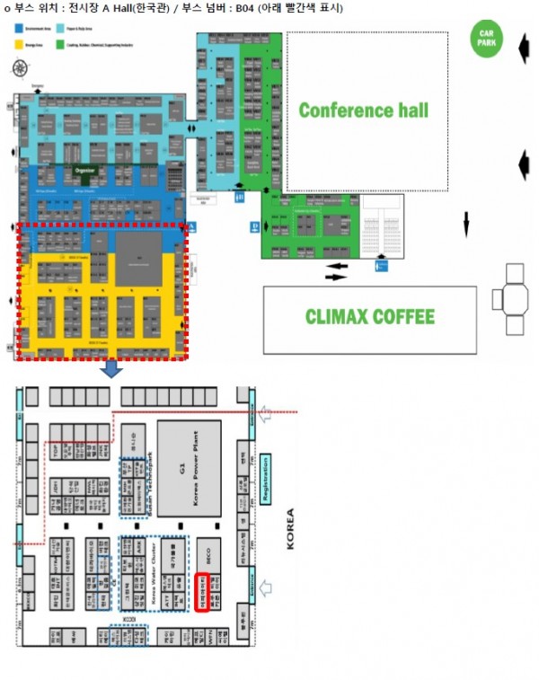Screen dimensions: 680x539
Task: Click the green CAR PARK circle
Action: pos(488,40)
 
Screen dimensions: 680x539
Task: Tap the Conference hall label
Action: pos(363,111)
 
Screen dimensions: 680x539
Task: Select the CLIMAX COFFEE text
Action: pos(369,317)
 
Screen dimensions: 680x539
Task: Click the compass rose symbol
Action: pos(20,67)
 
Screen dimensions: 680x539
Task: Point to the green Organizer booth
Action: pos(84,169)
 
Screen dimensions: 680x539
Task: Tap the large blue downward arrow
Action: pos(110,368)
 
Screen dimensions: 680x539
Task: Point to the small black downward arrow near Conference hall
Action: pos(465,223)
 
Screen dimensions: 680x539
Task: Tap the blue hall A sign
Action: pos(191,226)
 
